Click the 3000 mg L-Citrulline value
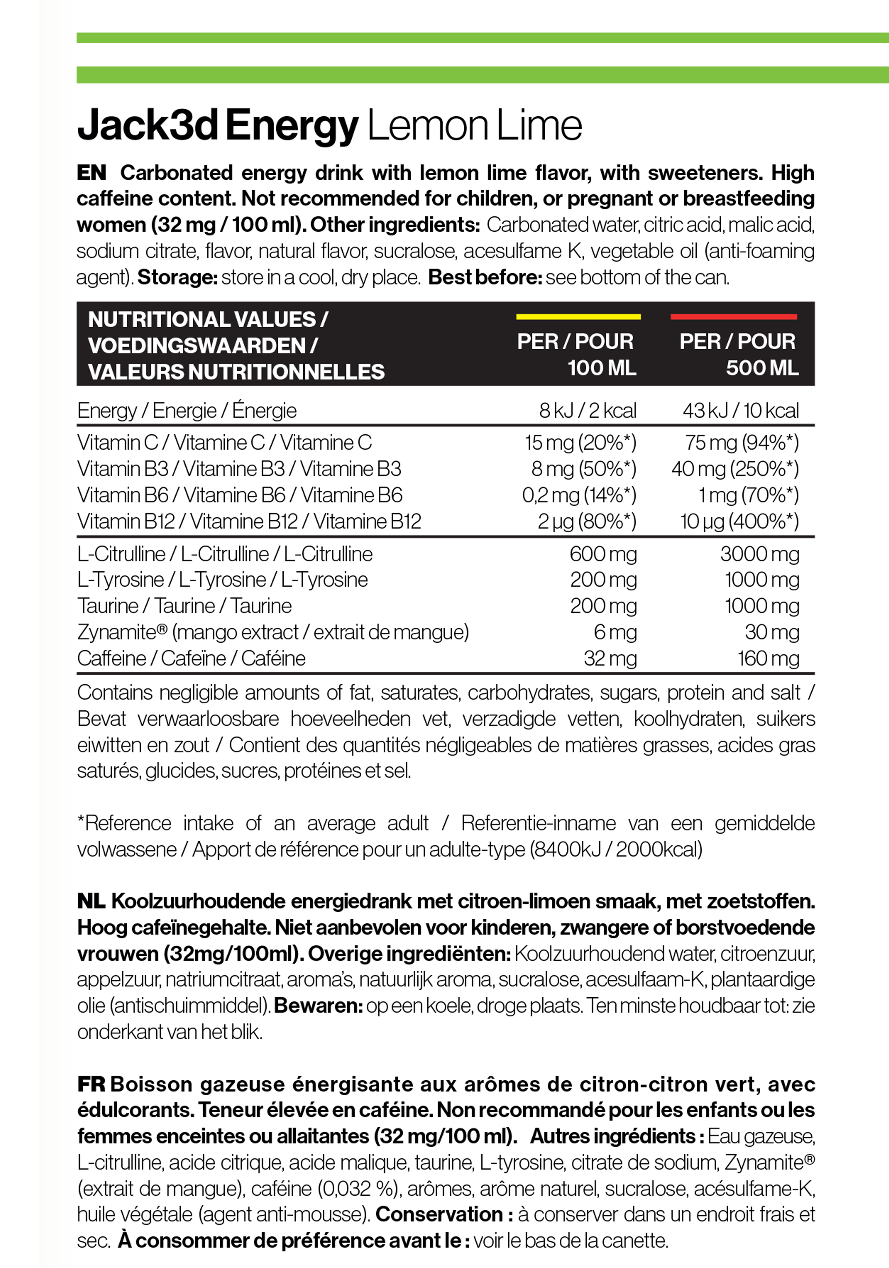759,554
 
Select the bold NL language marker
91,901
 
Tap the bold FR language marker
91,1084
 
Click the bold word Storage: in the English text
177,277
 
